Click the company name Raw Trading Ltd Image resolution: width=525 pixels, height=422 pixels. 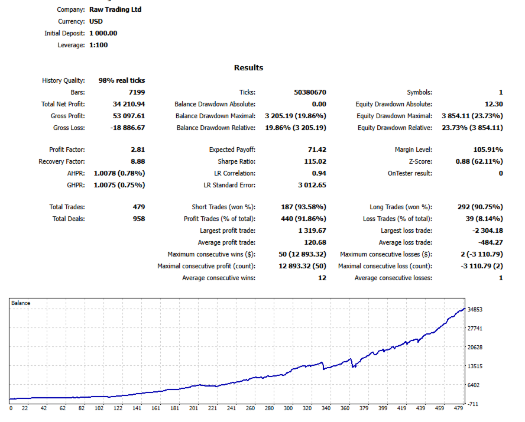pyautogui.click(x=115, y=9)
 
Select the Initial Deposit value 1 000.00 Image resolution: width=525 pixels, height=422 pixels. pyautogui.click(x=103, y=33)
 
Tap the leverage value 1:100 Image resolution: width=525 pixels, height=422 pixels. pyautogui.click(x=98, y=45)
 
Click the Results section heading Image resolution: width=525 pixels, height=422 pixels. pyautogui.click(x=248, y=68)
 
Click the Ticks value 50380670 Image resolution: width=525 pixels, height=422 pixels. pyautogui.click(x=310, y=92)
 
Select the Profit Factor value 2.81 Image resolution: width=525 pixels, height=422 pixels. pyautogui.click(x=138, y=150)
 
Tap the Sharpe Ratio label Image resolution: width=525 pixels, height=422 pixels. pyautogui.click(x=236, y=162)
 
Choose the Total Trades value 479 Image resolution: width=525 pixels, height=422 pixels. pyautogui.click(x=139, y=207)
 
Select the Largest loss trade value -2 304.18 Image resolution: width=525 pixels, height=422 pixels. pyautogui.click(x=485, y=231)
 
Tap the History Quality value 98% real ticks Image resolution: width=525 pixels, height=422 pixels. pyautogui.click(x=117, y=80)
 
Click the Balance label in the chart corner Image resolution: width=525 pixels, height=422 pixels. pyautogui.click(x=21, y=303)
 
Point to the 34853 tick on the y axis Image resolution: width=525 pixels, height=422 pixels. pyautogui.click(x=476, y=310)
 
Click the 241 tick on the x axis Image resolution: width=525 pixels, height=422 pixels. pyautogui.click(x=231, y=408)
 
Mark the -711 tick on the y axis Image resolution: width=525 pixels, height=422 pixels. pyautogui.click(x=474, y=404)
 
